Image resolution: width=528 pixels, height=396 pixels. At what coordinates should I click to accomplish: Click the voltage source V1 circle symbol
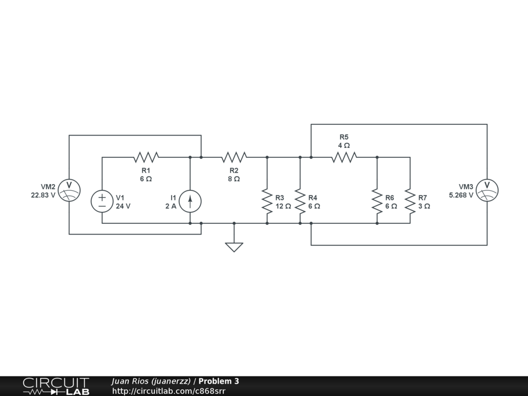click(x=102, y=201)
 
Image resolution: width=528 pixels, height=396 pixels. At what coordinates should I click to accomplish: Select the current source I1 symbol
click(x=190, y=201)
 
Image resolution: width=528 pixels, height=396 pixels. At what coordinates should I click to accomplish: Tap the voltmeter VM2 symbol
click(x=69, y=190)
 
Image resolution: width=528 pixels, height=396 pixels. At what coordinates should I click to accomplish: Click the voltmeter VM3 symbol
click(x=487, y=190)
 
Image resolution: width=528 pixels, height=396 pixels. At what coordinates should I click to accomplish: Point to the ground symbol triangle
click(x=234, y=246)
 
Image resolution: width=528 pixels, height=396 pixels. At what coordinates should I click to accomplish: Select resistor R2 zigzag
click(x=234, y=157)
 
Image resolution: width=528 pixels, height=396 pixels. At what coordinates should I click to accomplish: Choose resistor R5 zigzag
click(x=344, y=157)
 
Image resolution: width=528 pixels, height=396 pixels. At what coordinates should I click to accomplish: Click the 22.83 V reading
click(x=43, y=195)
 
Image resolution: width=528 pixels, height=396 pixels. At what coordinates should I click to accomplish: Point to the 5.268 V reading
click(x=461, y=195)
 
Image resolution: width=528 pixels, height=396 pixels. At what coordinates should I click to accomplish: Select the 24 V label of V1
click(x=123, y=206)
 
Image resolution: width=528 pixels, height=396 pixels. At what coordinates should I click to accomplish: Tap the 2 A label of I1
click(x=170, y=206)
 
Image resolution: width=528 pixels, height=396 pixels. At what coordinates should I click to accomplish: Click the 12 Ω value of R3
click(x=283, y=206)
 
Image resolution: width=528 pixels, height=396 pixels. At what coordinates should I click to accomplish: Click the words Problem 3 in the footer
click(x=219, y=382)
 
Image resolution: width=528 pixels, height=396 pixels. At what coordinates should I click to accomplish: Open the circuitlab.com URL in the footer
click(x=169, y=391)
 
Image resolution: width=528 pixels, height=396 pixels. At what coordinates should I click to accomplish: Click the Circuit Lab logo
click(x=56, y=386)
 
